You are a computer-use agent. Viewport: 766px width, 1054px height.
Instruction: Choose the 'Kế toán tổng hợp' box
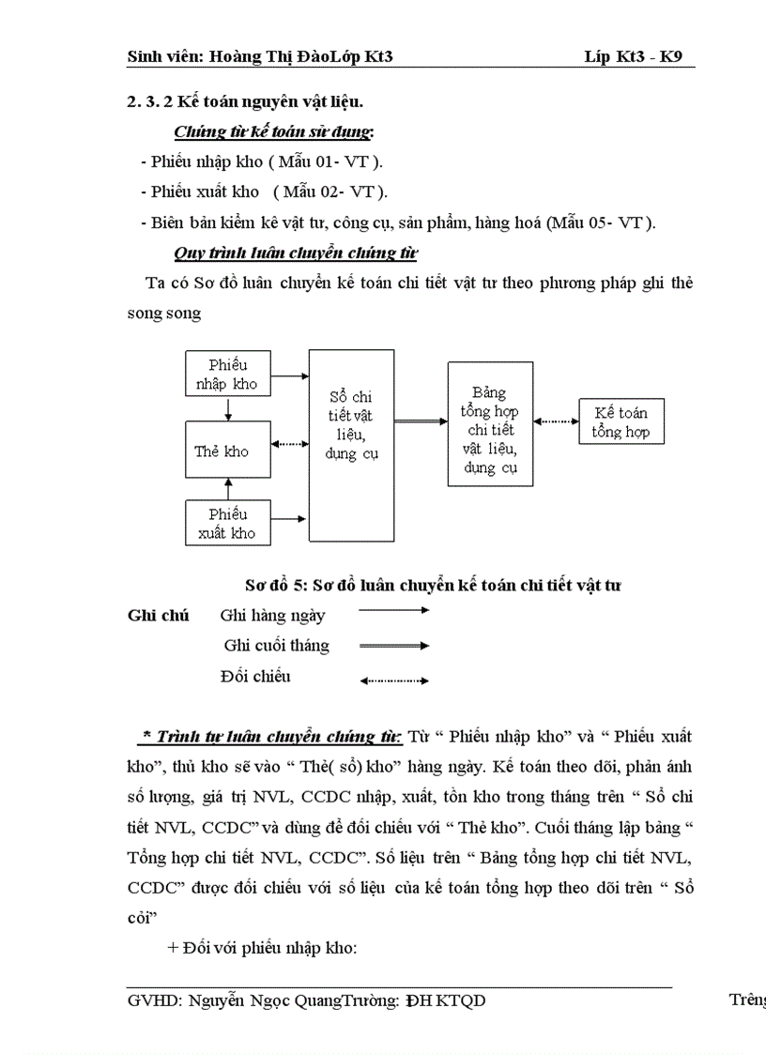point(620,421)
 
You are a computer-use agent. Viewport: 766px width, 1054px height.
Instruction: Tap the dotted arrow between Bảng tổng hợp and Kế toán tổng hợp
point(558,421)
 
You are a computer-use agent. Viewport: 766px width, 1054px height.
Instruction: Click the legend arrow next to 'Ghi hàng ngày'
point(394,611)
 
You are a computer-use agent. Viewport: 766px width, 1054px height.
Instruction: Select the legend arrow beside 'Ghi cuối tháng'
point(394,646)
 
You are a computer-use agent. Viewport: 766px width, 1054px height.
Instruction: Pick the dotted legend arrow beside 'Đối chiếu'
point(394,680)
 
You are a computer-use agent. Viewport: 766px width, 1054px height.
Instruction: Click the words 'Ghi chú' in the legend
point(158,616)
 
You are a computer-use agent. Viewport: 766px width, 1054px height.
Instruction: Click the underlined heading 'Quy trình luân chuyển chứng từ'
point(296,253)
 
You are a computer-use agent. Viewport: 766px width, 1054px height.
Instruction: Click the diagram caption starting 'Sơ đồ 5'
point(433,586)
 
